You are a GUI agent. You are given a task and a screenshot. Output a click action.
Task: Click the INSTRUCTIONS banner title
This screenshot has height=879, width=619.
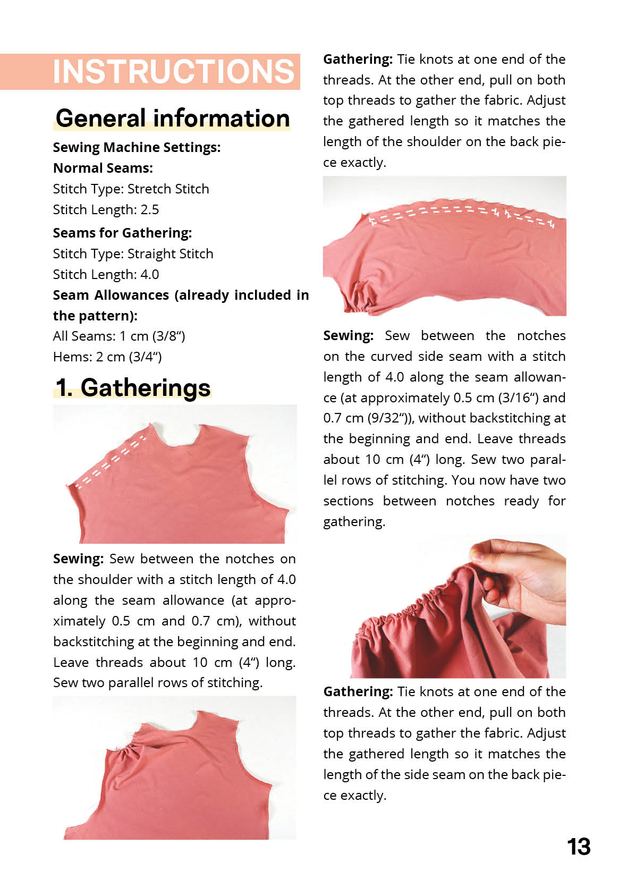173,72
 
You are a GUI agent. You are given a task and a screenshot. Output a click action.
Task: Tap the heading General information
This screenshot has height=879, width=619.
173,118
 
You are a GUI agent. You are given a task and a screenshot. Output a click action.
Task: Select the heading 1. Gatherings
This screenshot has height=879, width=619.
133,387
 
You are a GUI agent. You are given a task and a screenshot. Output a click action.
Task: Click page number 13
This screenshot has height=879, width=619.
578,847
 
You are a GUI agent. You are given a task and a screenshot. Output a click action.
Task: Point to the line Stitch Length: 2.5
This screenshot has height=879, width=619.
106,210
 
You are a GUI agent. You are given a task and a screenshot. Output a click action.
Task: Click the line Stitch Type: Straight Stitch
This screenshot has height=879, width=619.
133,254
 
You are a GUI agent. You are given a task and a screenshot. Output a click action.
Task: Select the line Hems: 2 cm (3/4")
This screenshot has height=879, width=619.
107,357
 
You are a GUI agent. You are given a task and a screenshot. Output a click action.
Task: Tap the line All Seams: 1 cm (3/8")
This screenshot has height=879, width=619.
119,336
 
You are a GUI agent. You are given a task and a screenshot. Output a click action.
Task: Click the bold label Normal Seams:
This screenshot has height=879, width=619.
103,168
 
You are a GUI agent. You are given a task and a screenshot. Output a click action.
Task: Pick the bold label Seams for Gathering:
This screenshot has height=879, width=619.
122,233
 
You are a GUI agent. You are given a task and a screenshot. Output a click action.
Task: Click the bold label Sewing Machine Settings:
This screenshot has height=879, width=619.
137,147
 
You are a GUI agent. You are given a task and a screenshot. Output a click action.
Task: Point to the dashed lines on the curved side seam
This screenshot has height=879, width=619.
462,213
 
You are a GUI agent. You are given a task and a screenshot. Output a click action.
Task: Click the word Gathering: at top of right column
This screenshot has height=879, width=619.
358,60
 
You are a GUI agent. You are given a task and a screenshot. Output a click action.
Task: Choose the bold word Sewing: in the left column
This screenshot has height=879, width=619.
78,559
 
